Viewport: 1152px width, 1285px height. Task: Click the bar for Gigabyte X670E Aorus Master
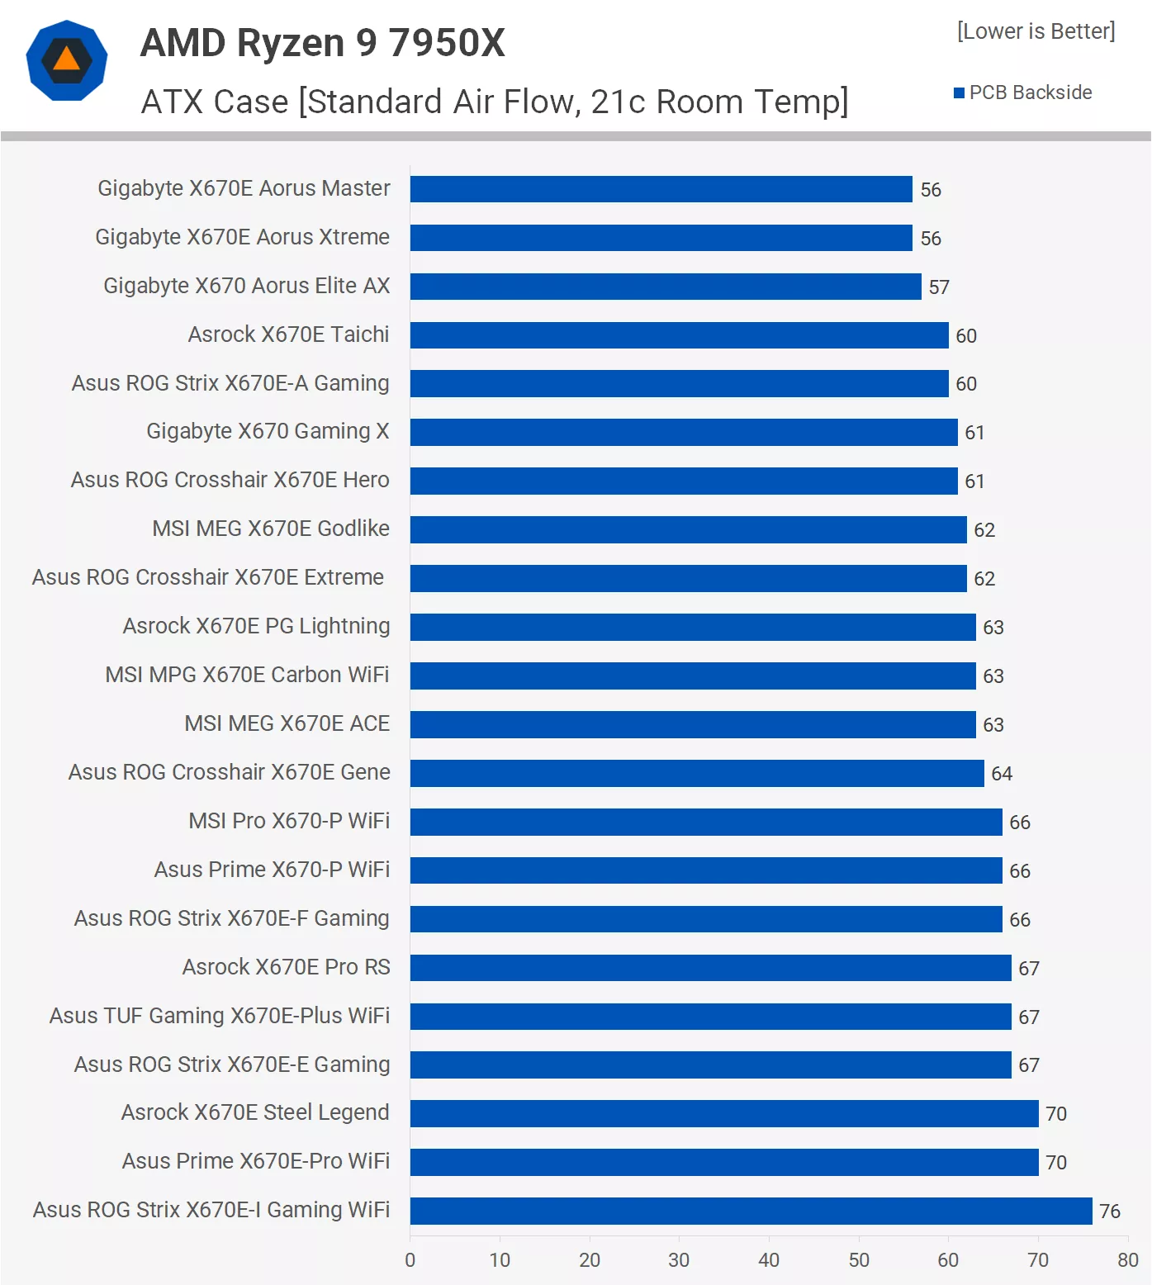[661, 189]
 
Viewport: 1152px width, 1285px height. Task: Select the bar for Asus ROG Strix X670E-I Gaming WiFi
[751, 1211]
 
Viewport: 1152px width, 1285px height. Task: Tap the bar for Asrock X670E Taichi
[679, 335]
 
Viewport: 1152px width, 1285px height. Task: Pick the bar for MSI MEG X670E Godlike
[688, 530]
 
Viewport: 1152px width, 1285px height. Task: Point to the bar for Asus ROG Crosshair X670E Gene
[697, 773]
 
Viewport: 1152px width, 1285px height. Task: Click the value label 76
[1109, 1212]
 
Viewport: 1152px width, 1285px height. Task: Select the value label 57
[939, 287]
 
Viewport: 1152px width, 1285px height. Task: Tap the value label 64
[1002, 774]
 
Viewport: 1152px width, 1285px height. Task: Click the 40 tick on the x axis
[769, 1260]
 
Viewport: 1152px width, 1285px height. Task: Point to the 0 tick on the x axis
[410, 1260]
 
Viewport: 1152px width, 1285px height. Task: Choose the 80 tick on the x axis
[1127, 1260]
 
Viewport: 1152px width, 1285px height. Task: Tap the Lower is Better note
[1036, 31]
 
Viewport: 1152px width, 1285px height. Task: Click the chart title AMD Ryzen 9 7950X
[323, 43]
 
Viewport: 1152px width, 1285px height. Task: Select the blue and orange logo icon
[67, 60]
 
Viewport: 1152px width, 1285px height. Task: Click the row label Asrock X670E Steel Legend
[255, 1112]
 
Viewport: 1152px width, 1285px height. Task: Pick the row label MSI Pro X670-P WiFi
[289, 821]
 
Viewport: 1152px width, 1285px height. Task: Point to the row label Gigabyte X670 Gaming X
[268, 431]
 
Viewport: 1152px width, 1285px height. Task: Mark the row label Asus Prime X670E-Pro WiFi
[256, 1161]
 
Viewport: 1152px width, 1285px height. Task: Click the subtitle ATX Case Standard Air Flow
[495, 102]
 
